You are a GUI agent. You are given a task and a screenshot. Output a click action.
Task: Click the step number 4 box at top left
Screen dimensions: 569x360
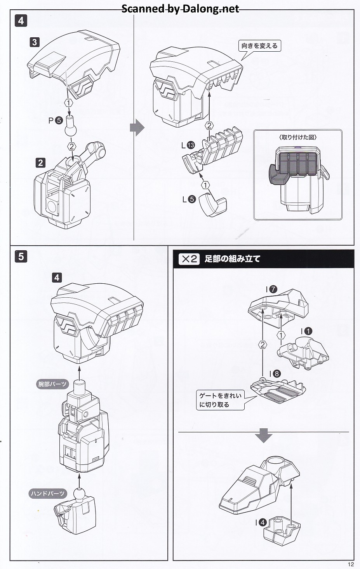[x=21, y=21]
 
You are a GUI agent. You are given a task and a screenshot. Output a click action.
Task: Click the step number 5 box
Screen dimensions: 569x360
[x=21, y=257]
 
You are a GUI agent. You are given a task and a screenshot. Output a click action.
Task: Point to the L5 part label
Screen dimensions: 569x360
[x=189, y=199]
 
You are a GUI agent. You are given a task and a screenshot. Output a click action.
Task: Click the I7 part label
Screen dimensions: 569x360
[x=271, y=289]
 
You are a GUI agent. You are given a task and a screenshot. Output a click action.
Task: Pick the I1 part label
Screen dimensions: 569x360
[x=306, y=331]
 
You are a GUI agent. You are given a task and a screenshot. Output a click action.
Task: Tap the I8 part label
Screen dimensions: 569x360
[x=274, y=374]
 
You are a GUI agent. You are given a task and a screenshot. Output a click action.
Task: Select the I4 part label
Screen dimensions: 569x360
[x=261, y=523]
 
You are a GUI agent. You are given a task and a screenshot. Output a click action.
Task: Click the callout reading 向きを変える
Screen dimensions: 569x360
[x=259, y=46]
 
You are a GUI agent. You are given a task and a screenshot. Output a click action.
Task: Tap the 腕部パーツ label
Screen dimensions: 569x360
[x=52, y=384]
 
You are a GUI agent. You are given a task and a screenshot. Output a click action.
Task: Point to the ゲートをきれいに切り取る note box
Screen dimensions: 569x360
[x=220, y=400]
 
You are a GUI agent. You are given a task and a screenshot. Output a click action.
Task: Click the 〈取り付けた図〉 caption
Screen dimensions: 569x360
[x=298, y=137]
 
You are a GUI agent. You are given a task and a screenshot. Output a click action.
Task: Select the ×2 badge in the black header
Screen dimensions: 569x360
[x=189, y=259]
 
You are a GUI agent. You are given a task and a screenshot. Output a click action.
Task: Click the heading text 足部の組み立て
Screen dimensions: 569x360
[x=232, y=259]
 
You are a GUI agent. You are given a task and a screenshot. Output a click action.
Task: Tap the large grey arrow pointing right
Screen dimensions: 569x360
[x=137, y=128]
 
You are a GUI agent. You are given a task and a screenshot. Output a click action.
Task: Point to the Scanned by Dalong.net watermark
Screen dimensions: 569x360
[x=180, y=9]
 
